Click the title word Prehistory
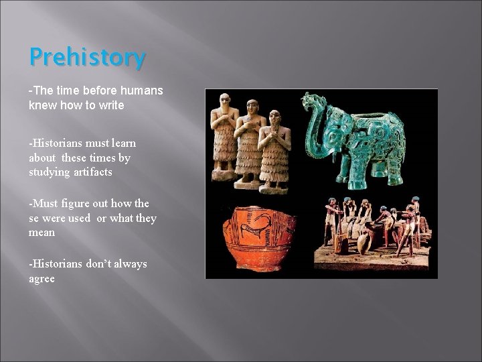87,58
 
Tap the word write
109,106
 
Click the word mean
42,232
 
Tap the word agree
42,278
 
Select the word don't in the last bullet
98,264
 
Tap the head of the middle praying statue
252,107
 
